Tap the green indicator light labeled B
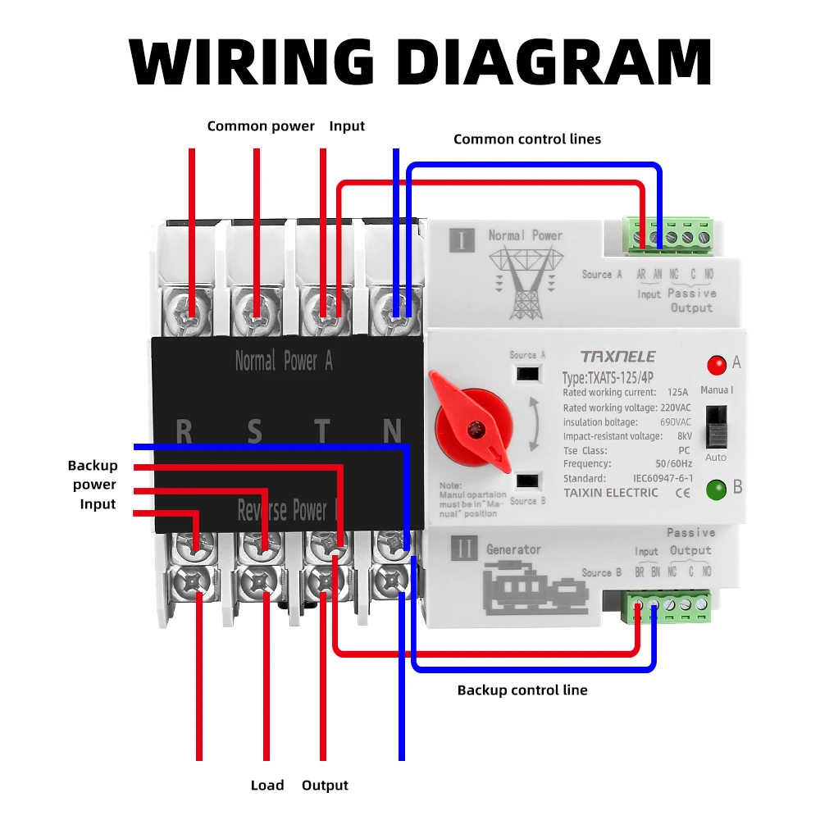[716, 490]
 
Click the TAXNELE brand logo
[617, 357]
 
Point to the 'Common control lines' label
[527, 139]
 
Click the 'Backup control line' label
[522, 690]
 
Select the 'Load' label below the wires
[267, 786]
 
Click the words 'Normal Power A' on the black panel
[284, 361]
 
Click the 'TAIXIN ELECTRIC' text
[611, 493]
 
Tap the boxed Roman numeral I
[462, 240]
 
